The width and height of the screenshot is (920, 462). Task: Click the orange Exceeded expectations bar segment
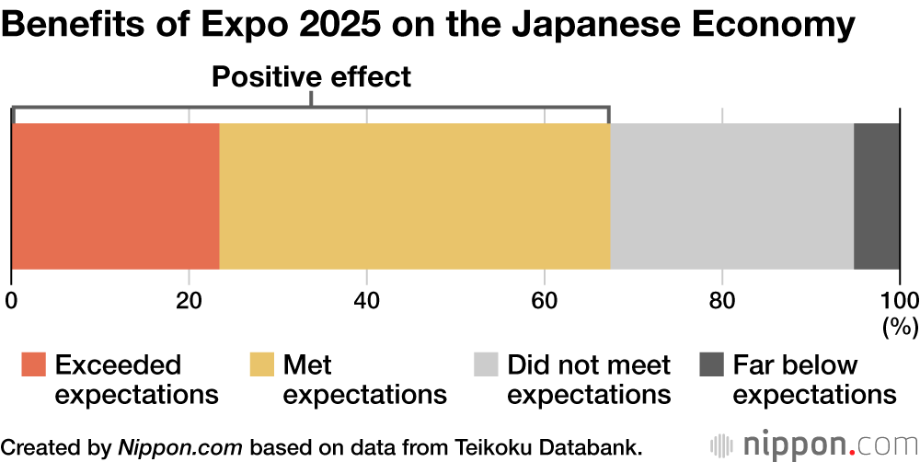115,195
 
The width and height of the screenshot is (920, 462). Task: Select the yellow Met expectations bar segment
415,195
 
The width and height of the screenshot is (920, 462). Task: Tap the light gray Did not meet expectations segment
732,195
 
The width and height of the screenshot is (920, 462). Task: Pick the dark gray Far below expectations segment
877,195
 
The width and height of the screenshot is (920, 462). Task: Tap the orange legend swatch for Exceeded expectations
33,365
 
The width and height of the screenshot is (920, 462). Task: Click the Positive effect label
311,77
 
